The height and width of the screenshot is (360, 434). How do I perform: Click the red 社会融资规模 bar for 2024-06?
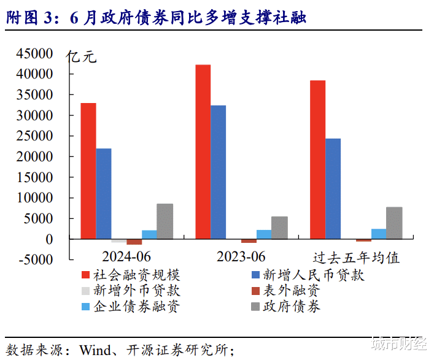(x=88, y=171)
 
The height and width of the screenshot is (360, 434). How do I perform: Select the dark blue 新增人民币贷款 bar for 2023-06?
(x=218, y=172)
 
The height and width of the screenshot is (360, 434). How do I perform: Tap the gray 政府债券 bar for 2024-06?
(x=165, y=221)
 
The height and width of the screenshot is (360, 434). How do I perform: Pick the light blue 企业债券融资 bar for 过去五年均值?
(x=379, y=234)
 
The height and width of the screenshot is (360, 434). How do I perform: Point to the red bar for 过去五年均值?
(x=317, y=159)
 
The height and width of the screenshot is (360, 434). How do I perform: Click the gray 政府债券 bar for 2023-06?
(x=279, y=228)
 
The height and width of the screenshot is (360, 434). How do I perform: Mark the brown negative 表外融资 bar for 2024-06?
(x=134, y=242)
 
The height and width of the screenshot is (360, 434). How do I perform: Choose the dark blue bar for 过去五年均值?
(x=333, y=188)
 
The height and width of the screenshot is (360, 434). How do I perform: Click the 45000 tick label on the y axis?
(x=34, y=53)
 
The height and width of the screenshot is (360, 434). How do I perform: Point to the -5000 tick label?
(x=36, y=259)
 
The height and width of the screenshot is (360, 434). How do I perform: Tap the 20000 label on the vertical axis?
(x=34, y=156)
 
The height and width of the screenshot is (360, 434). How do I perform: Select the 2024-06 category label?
(x=126, y=256)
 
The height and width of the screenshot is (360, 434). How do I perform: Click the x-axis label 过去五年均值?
(x=356, y=258)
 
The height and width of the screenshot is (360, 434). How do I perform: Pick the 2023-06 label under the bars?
(x=241, y=256)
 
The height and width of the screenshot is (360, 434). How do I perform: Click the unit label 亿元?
(x=81, y=56)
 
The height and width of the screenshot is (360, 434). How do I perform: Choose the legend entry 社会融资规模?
(x=131, y=275)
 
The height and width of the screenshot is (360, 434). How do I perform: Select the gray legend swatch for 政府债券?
(x=255, y=307)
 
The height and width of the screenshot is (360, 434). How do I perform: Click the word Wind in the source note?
(x=95, y=350)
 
